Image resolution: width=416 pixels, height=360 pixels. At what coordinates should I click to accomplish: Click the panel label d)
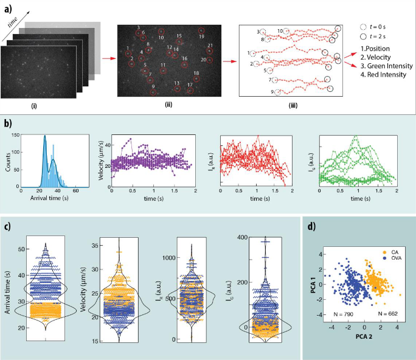click(311, 227)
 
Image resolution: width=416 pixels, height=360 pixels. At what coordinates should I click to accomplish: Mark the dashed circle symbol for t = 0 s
click(364, 27)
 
